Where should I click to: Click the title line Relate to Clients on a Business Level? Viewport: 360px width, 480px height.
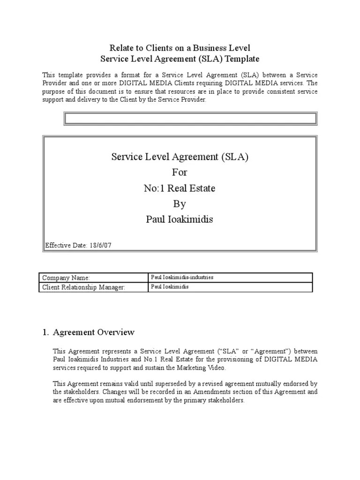pyautogui.click(x=180, y=48)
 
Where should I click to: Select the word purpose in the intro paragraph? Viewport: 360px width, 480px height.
pyautogui.click(x=55, y=92)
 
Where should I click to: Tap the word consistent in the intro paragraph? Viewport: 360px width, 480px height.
pyautogui.click(x=278, y=92)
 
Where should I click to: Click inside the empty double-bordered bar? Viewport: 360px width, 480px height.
pyautogui.click(x=190, y=119)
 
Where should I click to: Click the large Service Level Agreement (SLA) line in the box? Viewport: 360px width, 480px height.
pyautogui.click(x=180, y=157)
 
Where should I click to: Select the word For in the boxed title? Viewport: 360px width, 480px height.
pyautogui.click(x=180, y=172)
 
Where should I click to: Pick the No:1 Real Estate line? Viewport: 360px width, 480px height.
pyautogui.click(x=180, y=188)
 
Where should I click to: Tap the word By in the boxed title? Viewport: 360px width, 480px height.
pyautogui.click(x=180, y=204)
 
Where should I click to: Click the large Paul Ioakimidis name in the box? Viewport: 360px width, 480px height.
pyautogui.click(x=180, y=220)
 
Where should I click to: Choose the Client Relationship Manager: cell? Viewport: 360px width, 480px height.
pyautogui.click(x=84, y=287)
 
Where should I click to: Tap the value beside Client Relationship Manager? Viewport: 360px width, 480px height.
pyautogui.click(x=170, y=287)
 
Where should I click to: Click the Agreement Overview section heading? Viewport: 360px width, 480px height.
pyautogui.click(x=94, y=332)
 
